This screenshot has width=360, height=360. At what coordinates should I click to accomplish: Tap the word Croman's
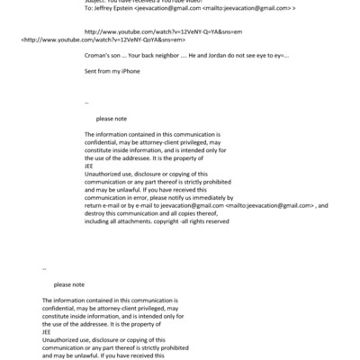pos(96,58)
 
